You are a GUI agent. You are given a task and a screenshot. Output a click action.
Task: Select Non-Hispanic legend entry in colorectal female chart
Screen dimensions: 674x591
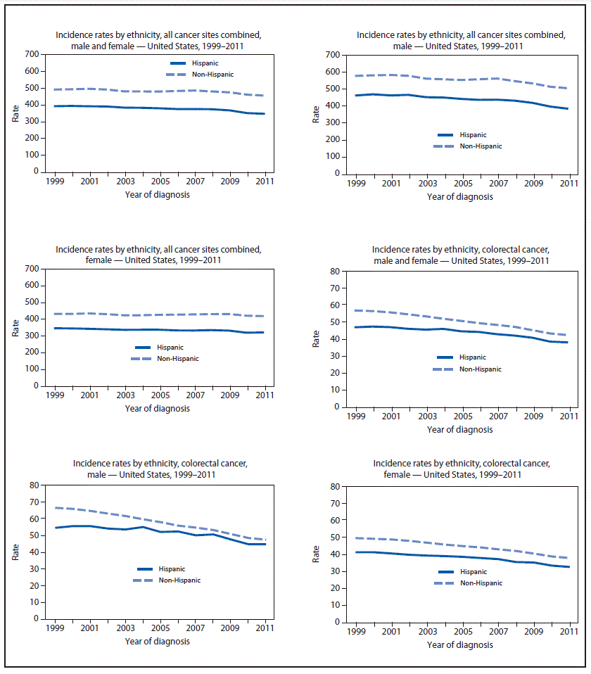(483, 583)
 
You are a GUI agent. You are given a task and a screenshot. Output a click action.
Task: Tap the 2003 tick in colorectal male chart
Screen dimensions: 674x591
(125, 628)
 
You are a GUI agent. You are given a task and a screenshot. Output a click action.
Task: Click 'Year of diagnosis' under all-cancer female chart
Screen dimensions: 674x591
(157, 408)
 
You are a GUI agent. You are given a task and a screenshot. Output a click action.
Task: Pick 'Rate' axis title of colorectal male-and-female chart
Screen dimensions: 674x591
(317, 339)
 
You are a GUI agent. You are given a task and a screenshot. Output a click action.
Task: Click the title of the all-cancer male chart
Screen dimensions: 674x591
(460, 40)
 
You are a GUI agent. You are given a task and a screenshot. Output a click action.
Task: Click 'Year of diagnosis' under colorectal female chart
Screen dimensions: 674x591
(459, 644)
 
